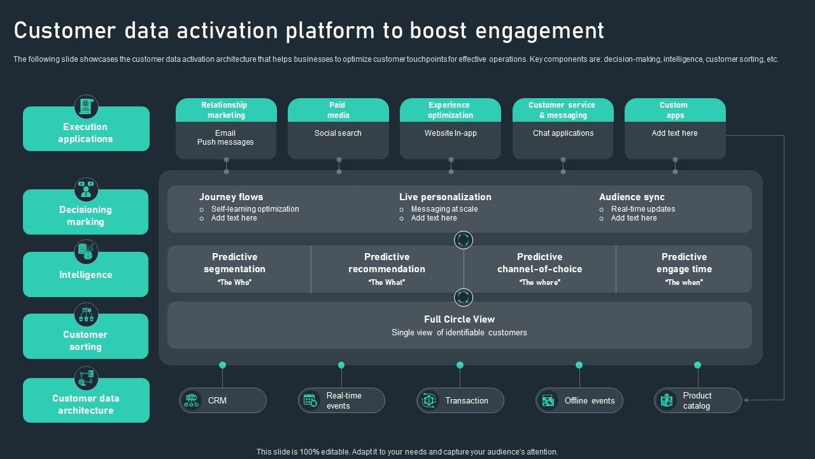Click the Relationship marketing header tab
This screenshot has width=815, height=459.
226,110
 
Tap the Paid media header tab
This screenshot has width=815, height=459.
338,110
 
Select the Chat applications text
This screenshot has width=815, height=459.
563,133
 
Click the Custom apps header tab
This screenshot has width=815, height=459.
675,110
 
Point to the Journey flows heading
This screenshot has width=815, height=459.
230,197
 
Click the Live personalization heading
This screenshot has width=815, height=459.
445,197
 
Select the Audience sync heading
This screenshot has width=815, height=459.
632,197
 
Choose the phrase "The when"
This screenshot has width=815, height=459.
684,282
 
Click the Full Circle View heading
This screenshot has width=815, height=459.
459,319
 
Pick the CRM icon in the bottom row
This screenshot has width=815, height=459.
191,400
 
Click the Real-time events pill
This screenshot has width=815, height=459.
341,400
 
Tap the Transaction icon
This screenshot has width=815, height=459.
429,400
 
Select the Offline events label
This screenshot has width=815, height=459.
590,401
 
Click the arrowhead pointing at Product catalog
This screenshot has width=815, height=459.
746,400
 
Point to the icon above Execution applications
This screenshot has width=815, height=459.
86,106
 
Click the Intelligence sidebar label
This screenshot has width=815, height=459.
85,275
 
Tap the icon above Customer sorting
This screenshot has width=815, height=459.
86,314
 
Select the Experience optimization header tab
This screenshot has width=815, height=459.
450,110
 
